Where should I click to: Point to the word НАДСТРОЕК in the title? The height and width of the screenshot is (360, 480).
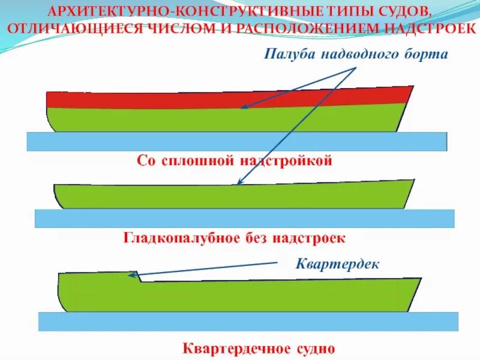(x=424, y=28)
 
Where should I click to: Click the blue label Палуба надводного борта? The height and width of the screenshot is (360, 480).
(x=356, y=55)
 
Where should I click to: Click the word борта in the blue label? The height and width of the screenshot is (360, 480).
(x=427, y=55)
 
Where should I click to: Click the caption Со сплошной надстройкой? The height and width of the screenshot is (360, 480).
(x=235, y=161)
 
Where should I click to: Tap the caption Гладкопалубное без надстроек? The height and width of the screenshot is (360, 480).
(x=235, y=238)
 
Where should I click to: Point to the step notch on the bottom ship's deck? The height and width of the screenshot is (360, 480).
(x=137, y=277)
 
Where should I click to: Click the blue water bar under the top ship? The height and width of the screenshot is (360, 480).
(x=237, y=141)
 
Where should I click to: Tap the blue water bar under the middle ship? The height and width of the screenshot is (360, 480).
(x=244, y=218)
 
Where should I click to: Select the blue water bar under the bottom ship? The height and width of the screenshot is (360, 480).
(x=248, y=322)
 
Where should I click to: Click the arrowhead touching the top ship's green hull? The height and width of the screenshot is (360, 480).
(x=243, y=108)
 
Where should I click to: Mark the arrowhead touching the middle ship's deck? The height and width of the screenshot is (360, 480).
(x=241, y=182)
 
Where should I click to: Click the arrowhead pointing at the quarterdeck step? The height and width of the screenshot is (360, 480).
(x=132, y=275)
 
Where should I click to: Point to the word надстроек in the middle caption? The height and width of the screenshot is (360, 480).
(x=308, y=238)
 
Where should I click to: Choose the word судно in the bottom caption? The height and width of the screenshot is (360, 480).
(x=304, y=348)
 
